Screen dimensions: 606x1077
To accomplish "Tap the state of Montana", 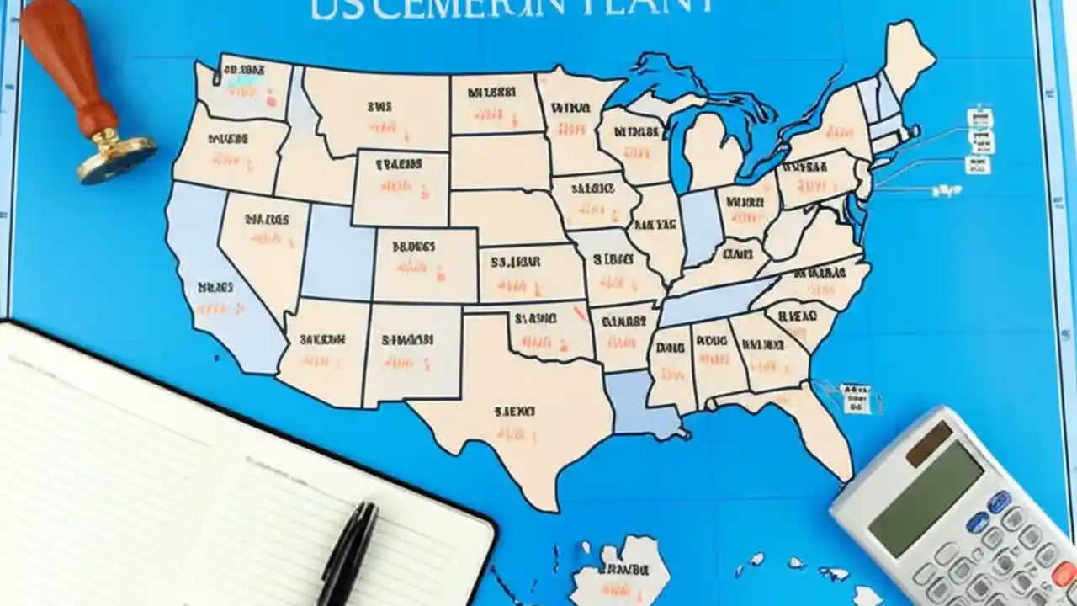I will pyautogui.click(x=379, y=109).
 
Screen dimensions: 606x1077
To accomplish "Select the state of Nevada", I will pyautogui.click(x=261, y=244).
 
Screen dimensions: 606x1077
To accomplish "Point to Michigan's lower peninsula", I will pyautogui.click(x=712, y=151).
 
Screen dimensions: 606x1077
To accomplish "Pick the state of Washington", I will pyautogui.click(x=248, y=88).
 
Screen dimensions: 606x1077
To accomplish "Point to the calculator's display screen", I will pyautogui.click(x=926, y=497).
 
